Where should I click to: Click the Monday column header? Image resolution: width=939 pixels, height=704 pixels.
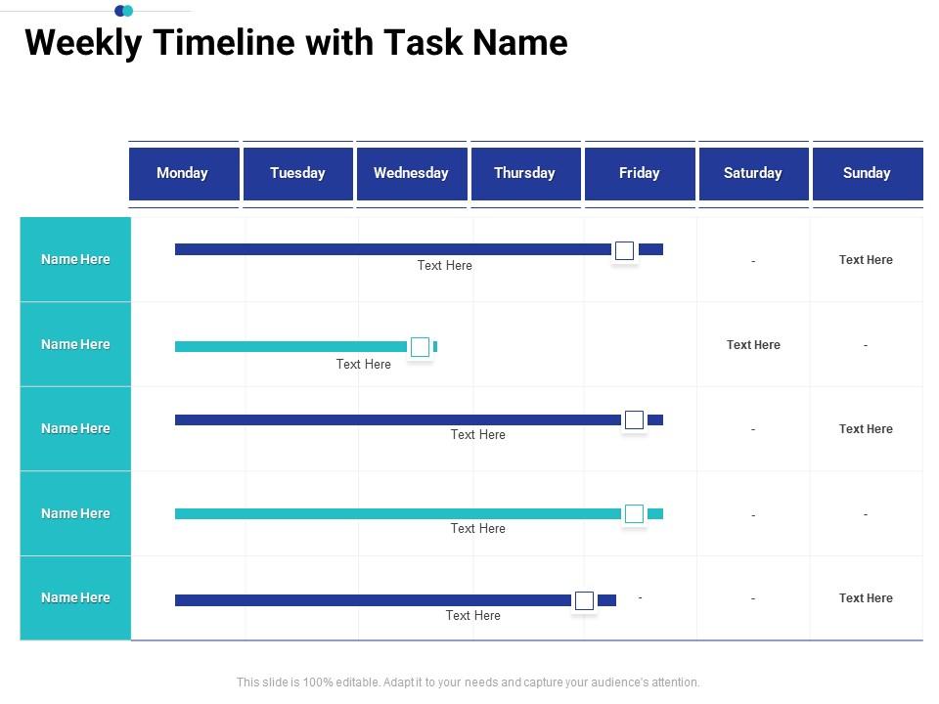click(x=183, y=173)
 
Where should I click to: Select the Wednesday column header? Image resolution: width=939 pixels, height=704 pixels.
click(x=411, y=173)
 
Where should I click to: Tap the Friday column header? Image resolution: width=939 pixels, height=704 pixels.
click(x=639, y=173)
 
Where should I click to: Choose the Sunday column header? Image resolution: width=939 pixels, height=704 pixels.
click(x=867, y=173)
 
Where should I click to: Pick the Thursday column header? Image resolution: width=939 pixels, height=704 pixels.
click(x=525, y=173)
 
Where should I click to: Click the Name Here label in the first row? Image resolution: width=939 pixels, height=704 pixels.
click(x=75, y=259)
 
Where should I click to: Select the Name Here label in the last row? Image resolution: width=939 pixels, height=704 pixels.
click(x=75, y=597)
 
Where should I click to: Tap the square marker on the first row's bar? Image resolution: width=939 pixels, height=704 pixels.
click(x=625, y=250)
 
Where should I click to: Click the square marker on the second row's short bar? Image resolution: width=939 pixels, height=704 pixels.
click(x=421, y=347)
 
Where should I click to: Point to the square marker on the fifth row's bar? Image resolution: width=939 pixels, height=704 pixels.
click(x=584, y=600)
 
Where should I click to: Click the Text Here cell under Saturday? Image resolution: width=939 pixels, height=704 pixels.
click(x=753, y=345)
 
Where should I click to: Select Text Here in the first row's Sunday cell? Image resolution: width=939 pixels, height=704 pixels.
click(x=866, y=260)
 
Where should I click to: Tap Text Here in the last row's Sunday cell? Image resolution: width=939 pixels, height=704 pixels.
click(x=866, y=598)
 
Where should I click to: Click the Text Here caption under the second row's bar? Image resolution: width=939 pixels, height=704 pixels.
click(x=364, y=365)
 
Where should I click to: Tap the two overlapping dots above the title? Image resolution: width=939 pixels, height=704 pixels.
click(x=124, y=11)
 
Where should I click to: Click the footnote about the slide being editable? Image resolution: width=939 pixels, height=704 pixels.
click(x=469, y=682)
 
